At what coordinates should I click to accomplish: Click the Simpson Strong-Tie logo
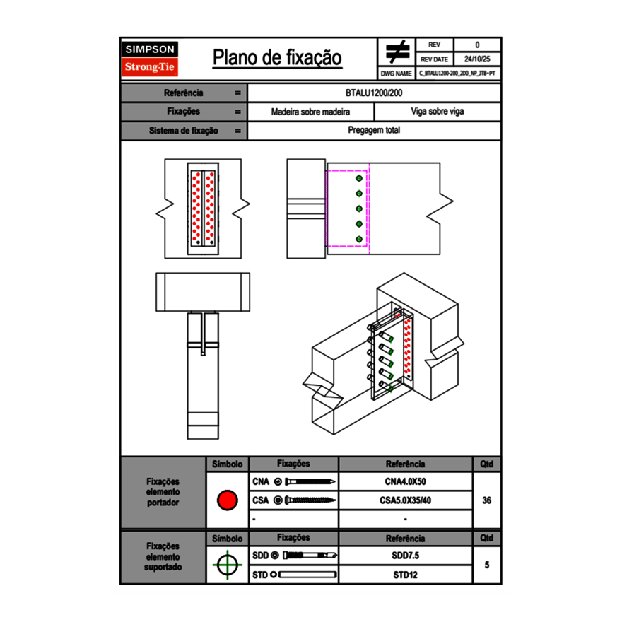point(151,59)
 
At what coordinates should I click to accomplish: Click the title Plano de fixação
point(277,57)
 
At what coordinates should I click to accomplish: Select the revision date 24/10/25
point(477,59)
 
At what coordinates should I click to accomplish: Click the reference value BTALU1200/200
point(374,93)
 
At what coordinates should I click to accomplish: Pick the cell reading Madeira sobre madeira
point(311,112)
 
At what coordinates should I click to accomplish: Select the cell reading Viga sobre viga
point(437,112)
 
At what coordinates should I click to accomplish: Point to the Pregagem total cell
point(374,131)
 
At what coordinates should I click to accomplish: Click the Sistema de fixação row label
point(184,131)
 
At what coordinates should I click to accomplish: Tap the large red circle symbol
point(227,500)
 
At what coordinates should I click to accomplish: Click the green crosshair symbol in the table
point(227,565)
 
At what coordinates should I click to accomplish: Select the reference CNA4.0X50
point(405,482)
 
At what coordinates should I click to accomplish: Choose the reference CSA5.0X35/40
point(405,500)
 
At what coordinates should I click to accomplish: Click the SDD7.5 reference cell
point(405,556)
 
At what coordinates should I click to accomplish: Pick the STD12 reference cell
point(405,575)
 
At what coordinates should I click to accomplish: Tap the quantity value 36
point(486,500)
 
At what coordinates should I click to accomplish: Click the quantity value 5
point(486,565)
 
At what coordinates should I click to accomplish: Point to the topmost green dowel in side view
point(359,179)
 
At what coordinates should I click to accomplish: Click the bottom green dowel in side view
point(359,239)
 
